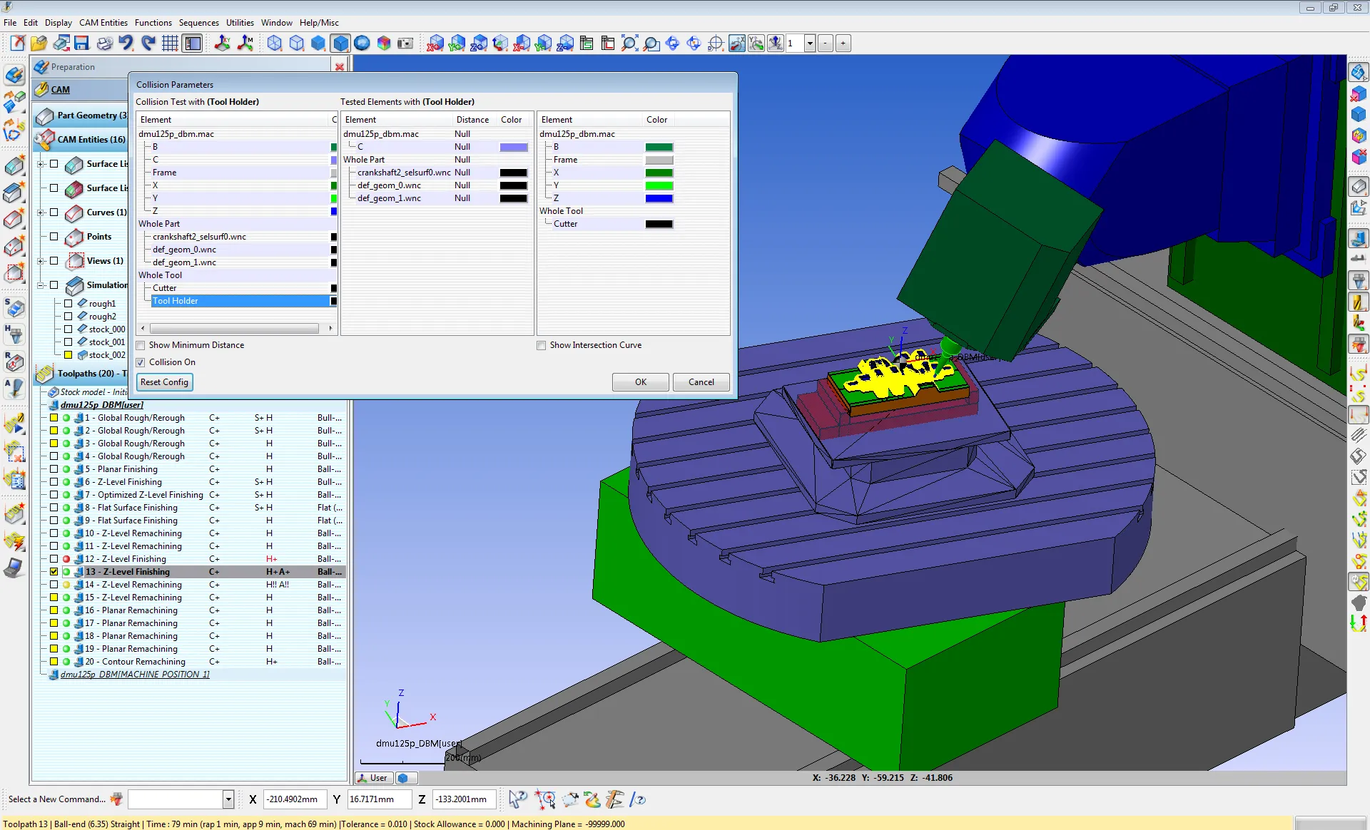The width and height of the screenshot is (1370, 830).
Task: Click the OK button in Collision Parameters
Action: click(640, 382)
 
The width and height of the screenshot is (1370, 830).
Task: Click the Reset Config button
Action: click(164, 382)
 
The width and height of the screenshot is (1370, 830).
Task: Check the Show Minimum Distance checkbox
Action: click(141, 345)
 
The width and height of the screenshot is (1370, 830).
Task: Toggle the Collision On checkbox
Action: click(141, 362)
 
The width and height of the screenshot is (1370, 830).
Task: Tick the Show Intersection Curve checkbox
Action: click(542, 345)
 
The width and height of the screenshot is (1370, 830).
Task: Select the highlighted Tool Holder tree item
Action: click(176, 301)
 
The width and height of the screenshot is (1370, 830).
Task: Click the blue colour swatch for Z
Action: click(659, 198)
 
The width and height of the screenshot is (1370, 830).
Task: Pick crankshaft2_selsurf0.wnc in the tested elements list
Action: click(404, 173)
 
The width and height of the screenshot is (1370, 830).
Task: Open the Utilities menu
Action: click(240, 23)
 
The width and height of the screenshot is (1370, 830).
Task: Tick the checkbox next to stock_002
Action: click(68, 355)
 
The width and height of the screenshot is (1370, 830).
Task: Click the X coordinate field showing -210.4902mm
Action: click(294, 799)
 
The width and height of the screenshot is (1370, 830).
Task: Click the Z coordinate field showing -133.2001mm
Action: click(462, 799)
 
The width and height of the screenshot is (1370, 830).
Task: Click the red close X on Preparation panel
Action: click(340, 67)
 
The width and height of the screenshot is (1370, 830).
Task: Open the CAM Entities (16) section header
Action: click(91, 140)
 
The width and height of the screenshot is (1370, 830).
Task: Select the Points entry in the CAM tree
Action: click(98, 237)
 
